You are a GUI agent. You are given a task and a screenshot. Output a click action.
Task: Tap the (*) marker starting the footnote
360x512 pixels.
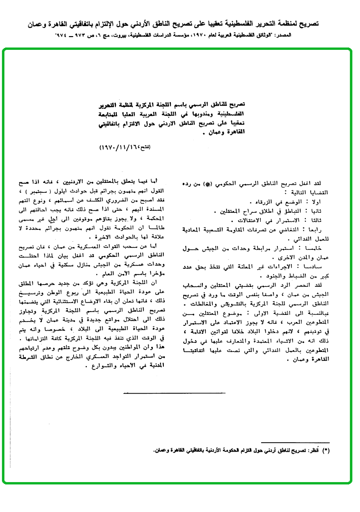coord(326,449)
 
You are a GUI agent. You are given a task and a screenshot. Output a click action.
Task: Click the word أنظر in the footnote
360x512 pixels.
coord(314,449)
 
